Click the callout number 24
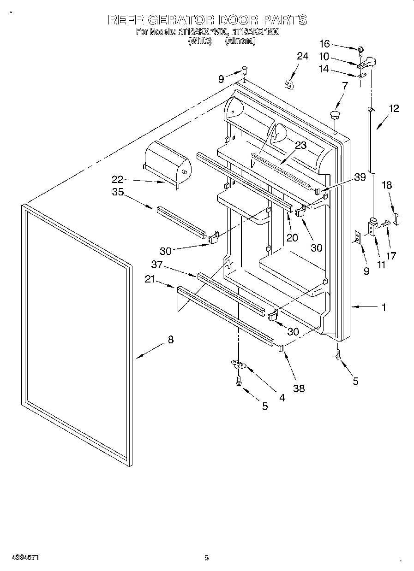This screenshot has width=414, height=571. (x=302, y=56)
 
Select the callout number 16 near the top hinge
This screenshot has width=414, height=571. (x=325, y=44)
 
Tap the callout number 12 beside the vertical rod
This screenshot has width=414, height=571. (x=394, y=109)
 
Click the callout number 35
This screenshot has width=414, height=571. (x=118, y=192)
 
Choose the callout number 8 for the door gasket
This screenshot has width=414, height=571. (x=171, y=340)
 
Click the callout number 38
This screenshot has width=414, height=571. (x=299, y=388)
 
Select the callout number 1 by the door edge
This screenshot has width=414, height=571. (x=384, y=307)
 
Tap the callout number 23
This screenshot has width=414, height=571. (x=300, y=145)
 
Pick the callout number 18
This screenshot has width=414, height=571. (x=387, y=185)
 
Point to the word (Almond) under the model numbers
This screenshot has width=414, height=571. (x=240, y=41)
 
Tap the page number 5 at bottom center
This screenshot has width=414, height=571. (x=206, y=558)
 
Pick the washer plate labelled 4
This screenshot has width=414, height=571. (x=239, y=365)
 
